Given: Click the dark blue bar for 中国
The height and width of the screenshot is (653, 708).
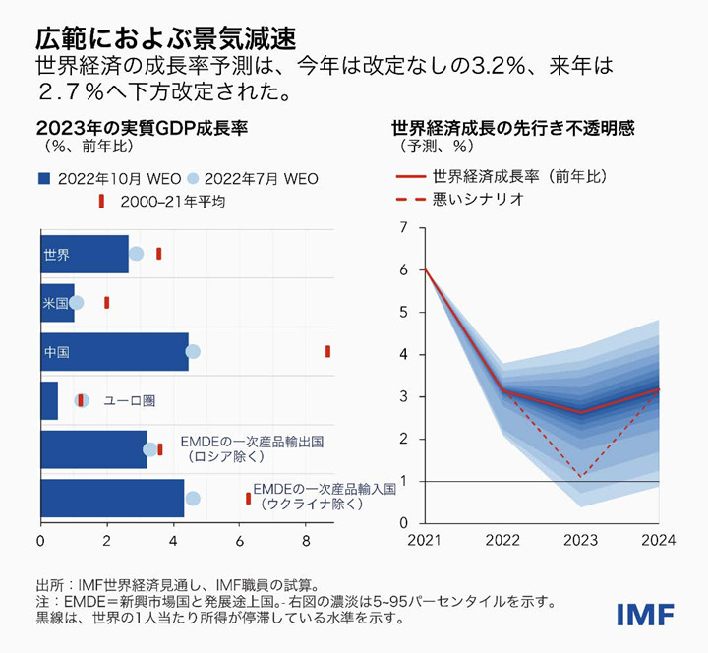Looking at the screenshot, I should point(113,352).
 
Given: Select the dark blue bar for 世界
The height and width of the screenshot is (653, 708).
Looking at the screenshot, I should point(84,254).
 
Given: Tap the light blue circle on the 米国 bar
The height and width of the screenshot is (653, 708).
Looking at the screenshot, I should point(77,303).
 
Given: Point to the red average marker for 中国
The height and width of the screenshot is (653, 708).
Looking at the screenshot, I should point(327,351).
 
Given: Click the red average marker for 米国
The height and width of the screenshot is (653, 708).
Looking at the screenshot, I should point(106,303).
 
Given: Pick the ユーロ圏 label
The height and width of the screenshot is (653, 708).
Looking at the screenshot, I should point(131,400).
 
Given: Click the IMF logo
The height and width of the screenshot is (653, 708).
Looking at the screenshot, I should point(645,614).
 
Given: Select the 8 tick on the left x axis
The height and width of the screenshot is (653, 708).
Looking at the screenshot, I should point(307,540).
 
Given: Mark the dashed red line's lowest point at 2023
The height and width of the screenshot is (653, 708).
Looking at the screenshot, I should point(581,477).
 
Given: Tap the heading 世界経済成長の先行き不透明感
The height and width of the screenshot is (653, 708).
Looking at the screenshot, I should point(512,128).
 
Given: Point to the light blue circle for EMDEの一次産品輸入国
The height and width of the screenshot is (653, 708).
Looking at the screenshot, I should point(193,499).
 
